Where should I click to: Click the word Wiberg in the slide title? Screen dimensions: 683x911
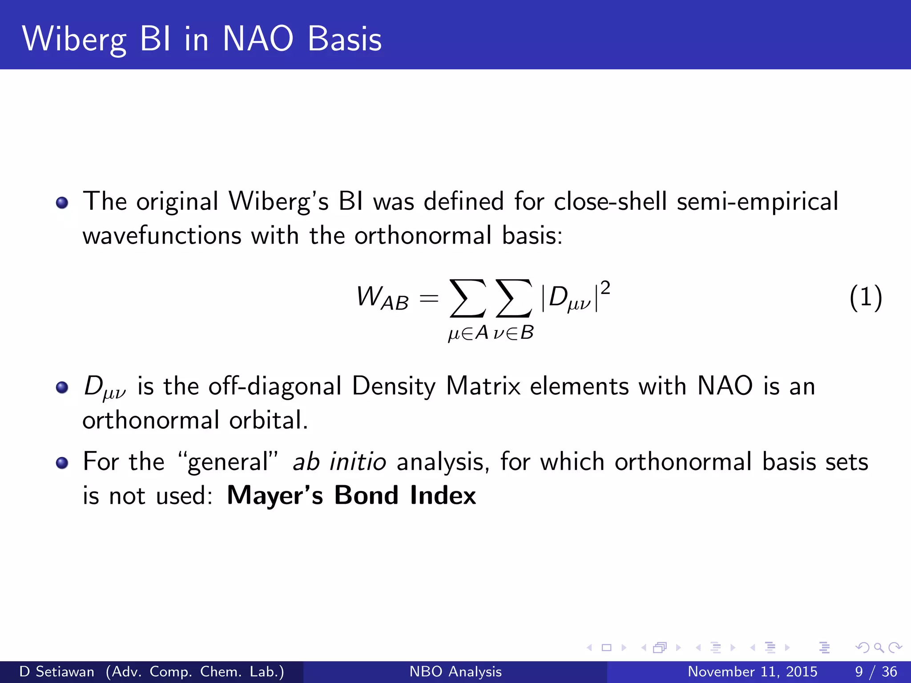[x=74, y=39]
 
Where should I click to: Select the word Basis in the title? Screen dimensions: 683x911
[x=344, y=39]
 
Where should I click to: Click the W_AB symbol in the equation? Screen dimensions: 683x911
[x=382, y=297]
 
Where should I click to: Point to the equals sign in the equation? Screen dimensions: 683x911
[x=429, y=298]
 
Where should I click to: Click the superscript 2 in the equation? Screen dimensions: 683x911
[x=605, y=288]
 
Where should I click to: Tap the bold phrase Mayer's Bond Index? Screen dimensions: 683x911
[x=351, y=495]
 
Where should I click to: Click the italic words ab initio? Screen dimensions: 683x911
[x=339, y=462]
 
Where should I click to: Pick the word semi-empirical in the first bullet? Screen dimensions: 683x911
[x=757, y=201]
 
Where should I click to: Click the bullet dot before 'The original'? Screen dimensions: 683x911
[x=62, y=203]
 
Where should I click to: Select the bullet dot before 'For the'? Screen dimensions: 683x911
[x=62, y=463]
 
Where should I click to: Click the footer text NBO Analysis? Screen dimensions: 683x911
[x=455, y=671]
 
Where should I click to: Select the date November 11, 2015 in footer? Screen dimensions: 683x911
[x=752, y=671]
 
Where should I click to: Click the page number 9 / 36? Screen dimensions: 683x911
[x=875, y=671]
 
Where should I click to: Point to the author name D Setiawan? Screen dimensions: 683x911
[x=57, y=671]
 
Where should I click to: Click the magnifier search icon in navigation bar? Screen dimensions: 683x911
[x=879, y=647]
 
